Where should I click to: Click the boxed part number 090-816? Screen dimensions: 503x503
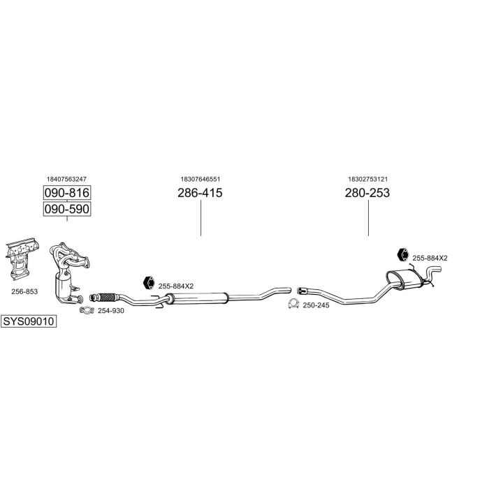coord(68,193)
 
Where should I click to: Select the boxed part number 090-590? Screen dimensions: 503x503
coord(68,209)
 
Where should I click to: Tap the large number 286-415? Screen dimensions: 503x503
coord(200,193)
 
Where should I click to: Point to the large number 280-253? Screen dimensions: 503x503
coord(367,193)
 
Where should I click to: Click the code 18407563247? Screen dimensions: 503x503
coord(67,180)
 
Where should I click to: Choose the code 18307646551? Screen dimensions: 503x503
coord(200,180)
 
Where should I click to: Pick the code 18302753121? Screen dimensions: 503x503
coord(367,180)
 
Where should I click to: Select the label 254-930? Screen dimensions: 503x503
coord(110,310)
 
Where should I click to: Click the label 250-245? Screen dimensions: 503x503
coord(316,305)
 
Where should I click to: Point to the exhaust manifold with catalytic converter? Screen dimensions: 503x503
coord(71,272)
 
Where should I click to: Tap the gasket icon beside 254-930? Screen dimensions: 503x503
coord(87,310)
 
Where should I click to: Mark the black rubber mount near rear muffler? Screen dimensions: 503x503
coord(402,255)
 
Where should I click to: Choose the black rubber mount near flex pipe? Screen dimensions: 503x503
coord(149,283)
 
